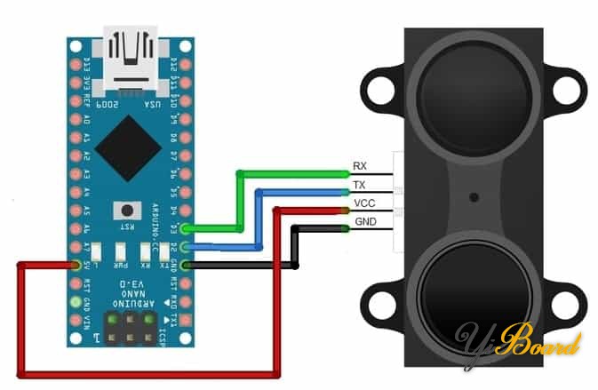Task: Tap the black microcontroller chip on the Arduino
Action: (128, 147)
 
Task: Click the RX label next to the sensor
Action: (360, 166)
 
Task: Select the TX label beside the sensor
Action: (360, 185)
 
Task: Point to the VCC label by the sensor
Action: (363, 203)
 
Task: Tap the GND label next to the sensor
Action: (364, 221)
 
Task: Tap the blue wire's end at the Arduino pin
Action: (186, 248)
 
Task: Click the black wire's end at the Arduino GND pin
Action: (186, 265)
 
